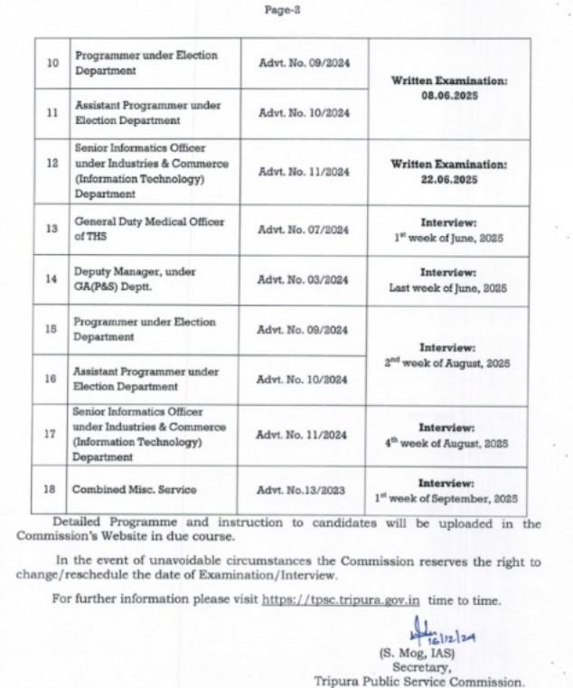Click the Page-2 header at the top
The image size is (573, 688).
tap(286, 10)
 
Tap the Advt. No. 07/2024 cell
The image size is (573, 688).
tap(303, 230)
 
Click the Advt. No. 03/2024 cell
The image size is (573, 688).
tap(303, 279)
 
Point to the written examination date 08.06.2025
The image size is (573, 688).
tap(449, 94)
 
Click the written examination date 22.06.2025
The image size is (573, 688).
tap(449, 180)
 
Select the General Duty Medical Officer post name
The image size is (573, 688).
tap(150, 230)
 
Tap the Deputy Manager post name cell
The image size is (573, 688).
tap(150, 279)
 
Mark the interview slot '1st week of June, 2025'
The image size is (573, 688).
tap(449, 238)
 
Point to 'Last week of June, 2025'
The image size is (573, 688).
tap(449, 287)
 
